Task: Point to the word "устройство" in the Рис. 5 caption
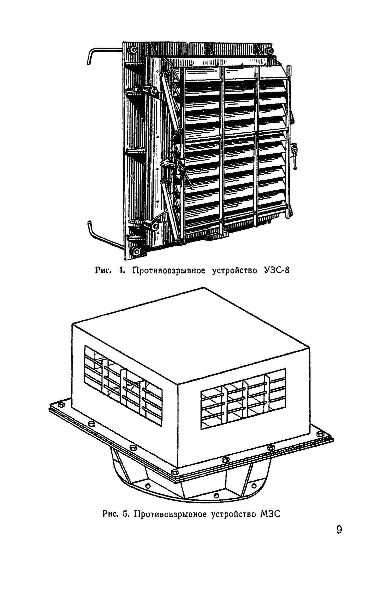[233, 514]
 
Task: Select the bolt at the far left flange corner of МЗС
[61, 404]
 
